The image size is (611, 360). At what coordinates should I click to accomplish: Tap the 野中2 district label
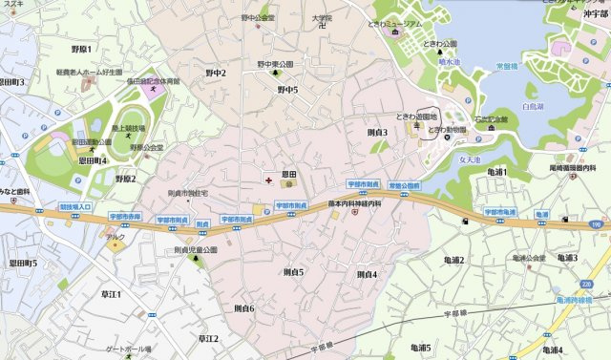click(216, 73)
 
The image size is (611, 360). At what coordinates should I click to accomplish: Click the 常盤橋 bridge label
click(506, 68)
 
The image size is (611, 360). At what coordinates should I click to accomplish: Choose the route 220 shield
click(587, 284)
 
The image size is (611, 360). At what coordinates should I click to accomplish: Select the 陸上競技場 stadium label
click(126, 128)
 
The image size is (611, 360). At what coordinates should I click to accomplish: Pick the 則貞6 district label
click(243, 308)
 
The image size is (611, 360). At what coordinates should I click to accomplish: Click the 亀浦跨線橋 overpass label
click(573, 299)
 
